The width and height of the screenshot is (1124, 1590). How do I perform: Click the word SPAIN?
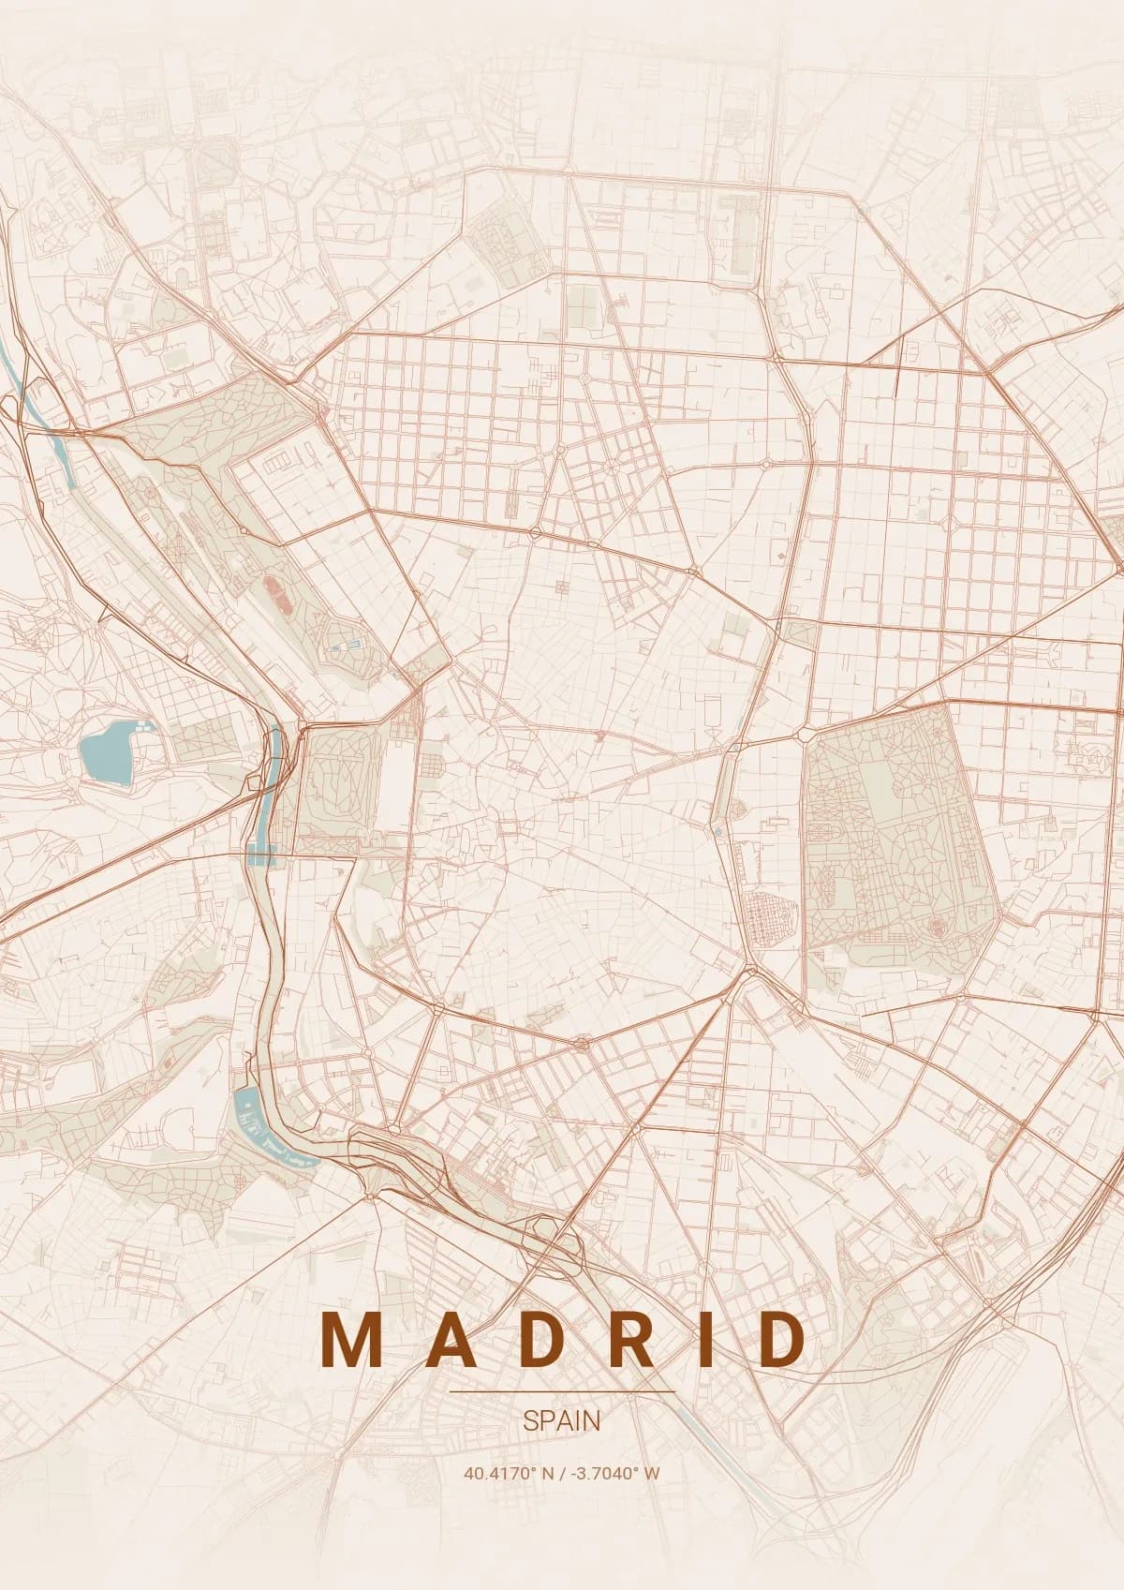562,1420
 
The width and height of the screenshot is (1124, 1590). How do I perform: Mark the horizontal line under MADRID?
562,1392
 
